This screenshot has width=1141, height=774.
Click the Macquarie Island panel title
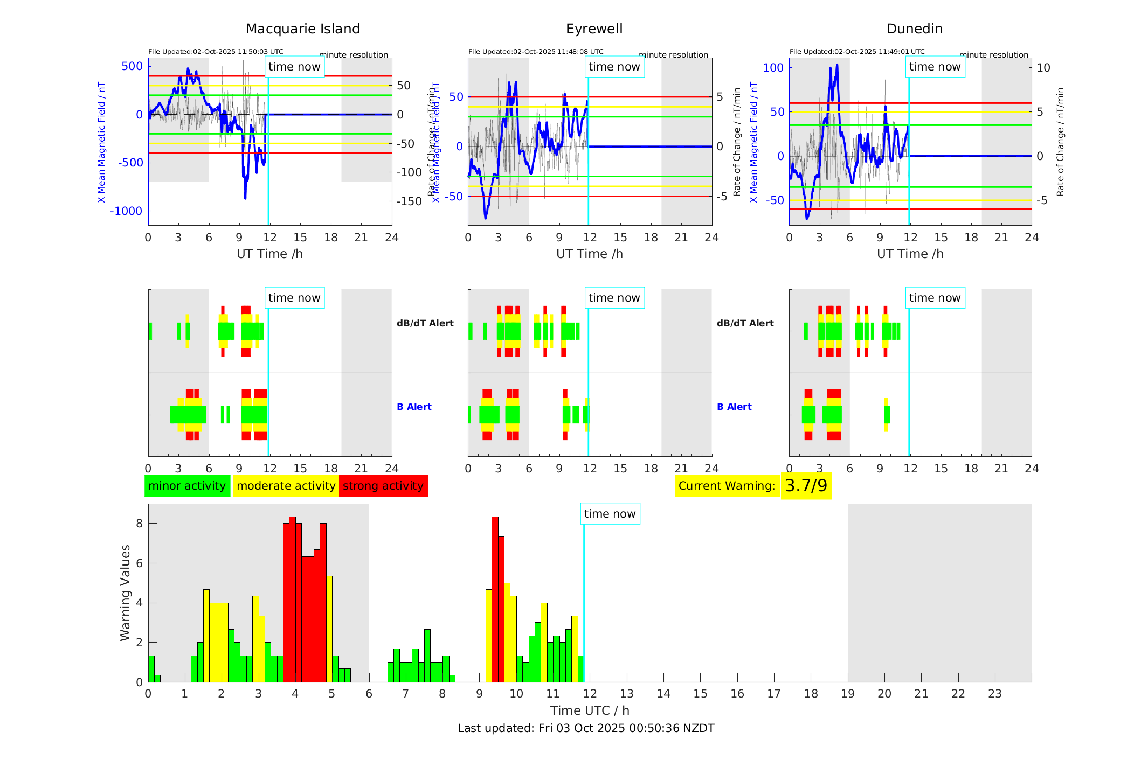pos(303,29)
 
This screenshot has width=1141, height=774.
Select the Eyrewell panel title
pos(594,29)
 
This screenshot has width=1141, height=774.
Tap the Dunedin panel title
pos(914,29)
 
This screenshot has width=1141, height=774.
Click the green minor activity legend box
pos(187,486)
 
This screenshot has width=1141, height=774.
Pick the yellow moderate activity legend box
pos(286,486)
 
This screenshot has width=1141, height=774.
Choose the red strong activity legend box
pos(383,486)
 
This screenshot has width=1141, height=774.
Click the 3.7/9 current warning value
pos(806,486)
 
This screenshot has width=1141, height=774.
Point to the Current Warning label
pos(727,486)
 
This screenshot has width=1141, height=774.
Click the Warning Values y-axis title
pos(126,592)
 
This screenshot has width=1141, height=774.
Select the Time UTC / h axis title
pos(590,710)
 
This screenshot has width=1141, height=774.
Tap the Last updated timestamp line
pos(586,728)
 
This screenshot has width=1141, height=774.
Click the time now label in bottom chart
pos(610,514)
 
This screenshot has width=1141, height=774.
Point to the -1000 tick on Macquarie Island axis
pos(126,211)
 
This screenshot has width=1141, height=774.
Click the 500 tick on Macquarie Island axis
pos(132,66)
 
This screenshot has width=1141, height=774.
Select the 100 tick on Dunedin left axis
pos(773,68)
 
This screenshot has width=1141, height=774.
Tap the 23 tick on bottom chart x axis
pos(994,694)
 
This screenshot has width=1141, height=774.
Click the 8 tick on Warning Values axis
pos(139,524)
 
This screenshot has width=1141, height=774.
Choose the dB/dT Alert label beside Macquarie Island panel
pos(425,323)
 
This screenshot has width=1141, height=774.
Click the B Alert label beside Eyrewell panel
pos(734,407)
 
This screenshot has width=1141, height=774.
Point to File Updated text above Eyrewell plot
pos(536,52)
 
